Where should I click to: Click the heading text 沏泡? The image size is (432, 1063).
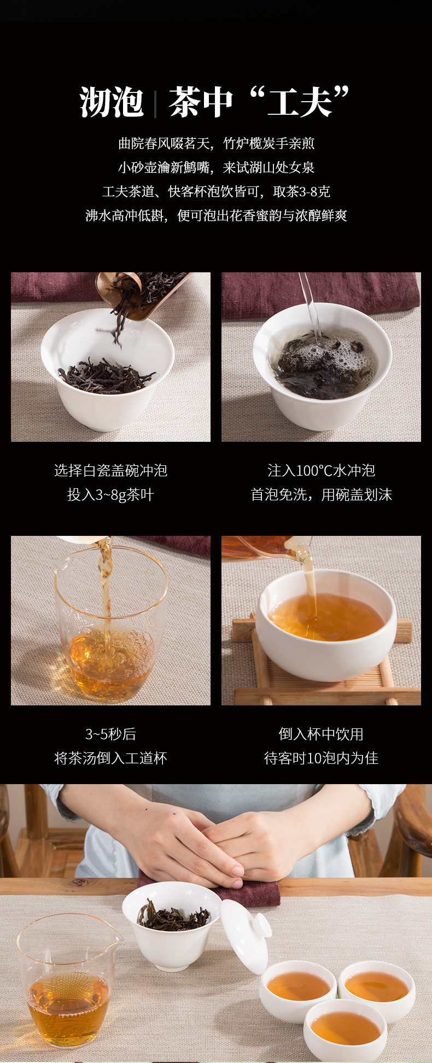click(112, 102)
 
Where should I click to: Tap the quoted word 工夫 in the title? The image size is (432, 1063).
click(300, 102)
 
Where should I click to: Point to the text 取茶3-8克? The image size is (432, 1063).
click(302, 191)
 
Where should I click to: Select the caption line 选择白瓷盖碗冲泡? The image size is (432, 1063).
click(110, 470)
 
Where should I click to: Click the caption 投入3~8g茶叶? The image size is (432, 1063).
click(110, 495)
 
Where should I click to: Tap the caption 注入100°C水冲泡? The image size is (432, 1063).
click(321, 470)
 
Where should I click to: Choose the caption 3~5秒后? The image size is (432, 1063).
click(110, 734)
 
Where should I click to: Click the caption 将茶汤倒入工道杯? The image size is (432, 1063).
click(110, 758)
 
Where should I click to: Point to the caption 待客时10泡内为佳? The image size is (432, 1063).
click(321, 758)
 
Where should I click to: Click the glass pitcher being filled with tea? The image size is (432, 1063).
click(110, 623)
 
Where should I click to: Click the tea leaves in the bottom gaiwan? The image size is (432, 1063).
click(173, 916)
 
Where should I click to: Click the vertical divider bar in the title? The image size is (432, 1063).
click(156, 104)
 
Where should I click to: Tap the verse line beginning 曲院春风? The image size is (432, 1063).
click(216, 143)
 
